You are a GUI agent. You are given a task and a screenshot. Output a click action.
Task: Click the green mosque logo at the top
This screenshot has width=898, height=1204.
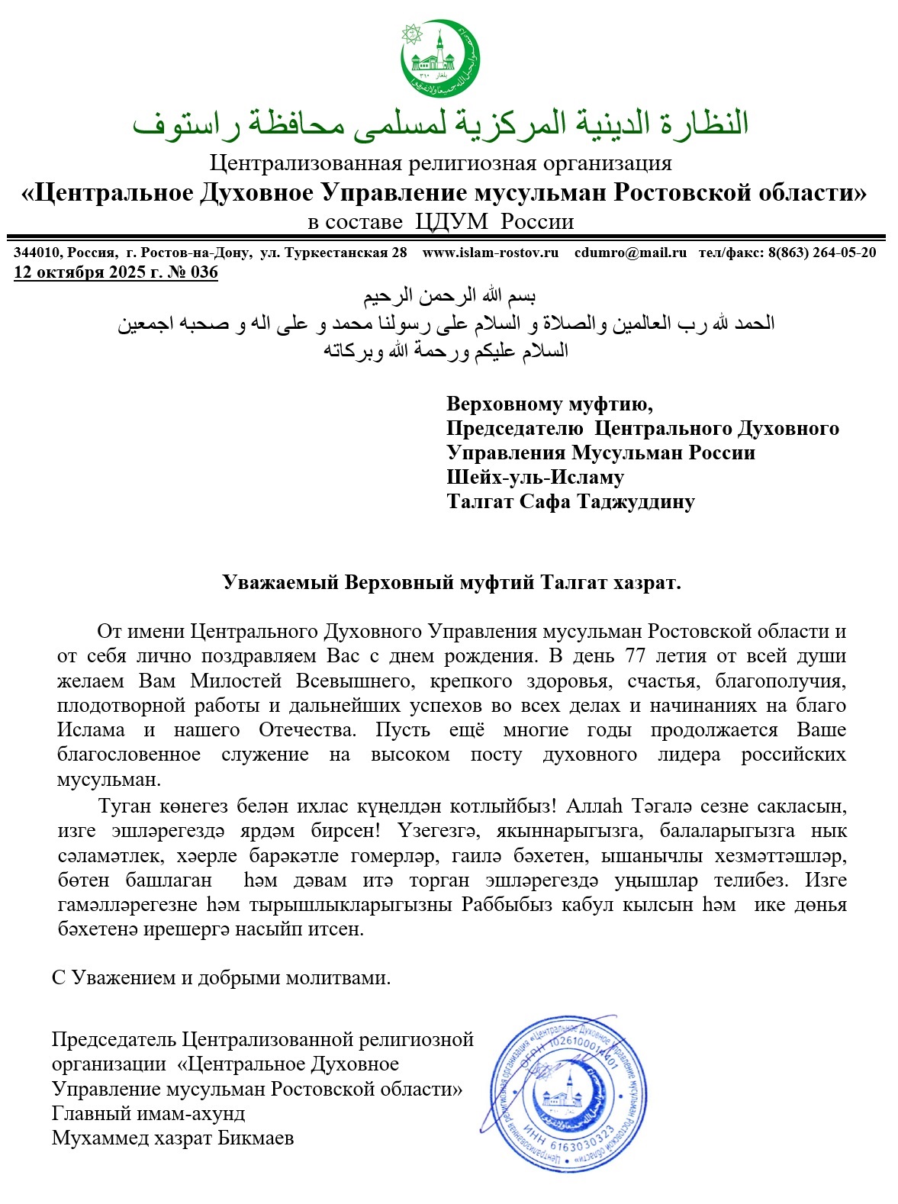pos(441,60)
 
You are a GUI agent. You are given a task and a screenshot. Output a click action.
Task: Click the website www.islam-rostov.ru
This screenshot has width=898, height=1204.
pos(490,253)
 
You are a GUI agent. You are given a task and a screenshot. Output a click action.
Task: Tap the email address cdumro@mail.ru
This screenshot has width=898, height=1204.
pos(630,253)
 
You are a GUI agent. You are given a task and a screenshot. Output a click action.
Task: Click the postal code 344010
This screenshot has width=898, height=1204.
pos(37,253)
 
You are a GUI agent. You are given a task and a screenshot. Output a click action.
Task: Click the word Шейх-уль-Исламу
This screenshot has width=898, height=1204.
pos(535,478)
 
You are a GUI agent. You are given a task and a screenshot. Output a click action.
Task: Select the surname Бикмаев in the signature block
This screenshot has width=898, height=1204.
pos(256,1138)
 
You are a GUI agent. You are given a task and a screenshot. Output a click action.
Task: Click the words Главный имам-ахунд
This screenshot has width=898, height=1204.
pos(149,1114)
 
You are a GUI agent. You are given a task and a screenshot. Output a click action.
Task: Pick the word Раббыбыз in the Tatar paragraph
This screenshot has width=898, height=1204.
pos(501,905)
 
